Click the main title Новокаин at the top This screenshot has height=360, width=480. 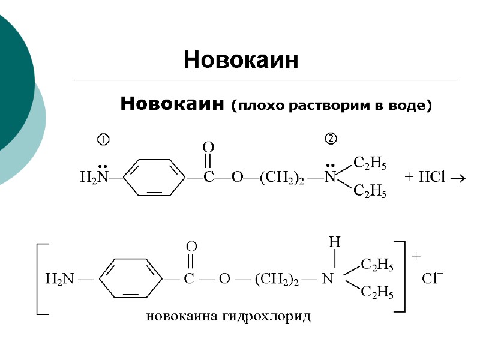pos(241,60)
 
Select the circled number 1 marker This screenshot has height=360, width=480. pos(103,140)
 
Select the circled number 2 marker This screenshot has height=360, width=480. pos(331,139)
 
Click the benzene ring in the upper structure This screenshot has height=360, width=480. pos(154,177)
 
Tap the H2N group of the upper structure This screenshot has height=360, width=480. pos(94,177)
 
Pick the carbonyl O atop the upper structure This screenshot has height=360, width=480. pos(208,146)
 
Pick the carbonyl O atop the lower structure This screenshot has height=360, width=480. pos(191,246)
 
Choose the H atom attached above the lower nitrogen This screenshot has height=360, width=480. pos(334,242)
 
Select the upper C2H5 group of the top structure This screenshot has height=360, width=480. pos(370,163)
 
